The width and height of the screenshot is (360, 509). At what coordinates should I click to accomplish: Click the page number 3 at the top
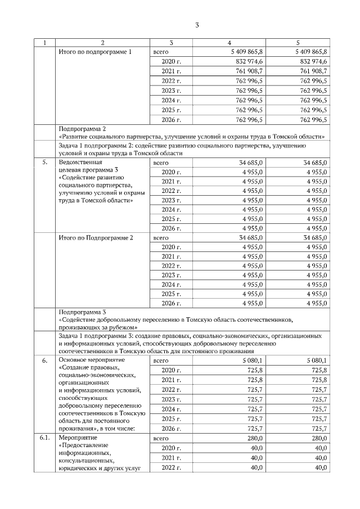[197, 25]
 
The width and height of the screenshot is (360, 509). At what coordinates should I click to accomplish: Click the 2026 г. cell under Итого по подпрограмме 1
[171, 119]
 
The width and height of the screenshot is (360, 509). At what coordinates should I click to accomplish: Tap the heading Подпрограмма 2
[82, 129]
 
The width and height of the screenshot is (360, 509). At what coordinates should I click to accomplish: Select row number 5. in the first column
[45, 163]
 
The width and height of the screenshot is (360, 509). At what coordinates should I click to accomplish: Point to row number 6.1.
[45, 438]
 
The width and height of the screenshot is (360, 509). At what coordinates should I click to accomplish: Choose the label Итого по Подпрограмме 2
[96, 238]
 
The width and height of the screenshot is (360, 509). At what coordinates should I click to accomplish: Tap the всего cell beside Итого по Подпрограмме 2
[161, 238]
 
